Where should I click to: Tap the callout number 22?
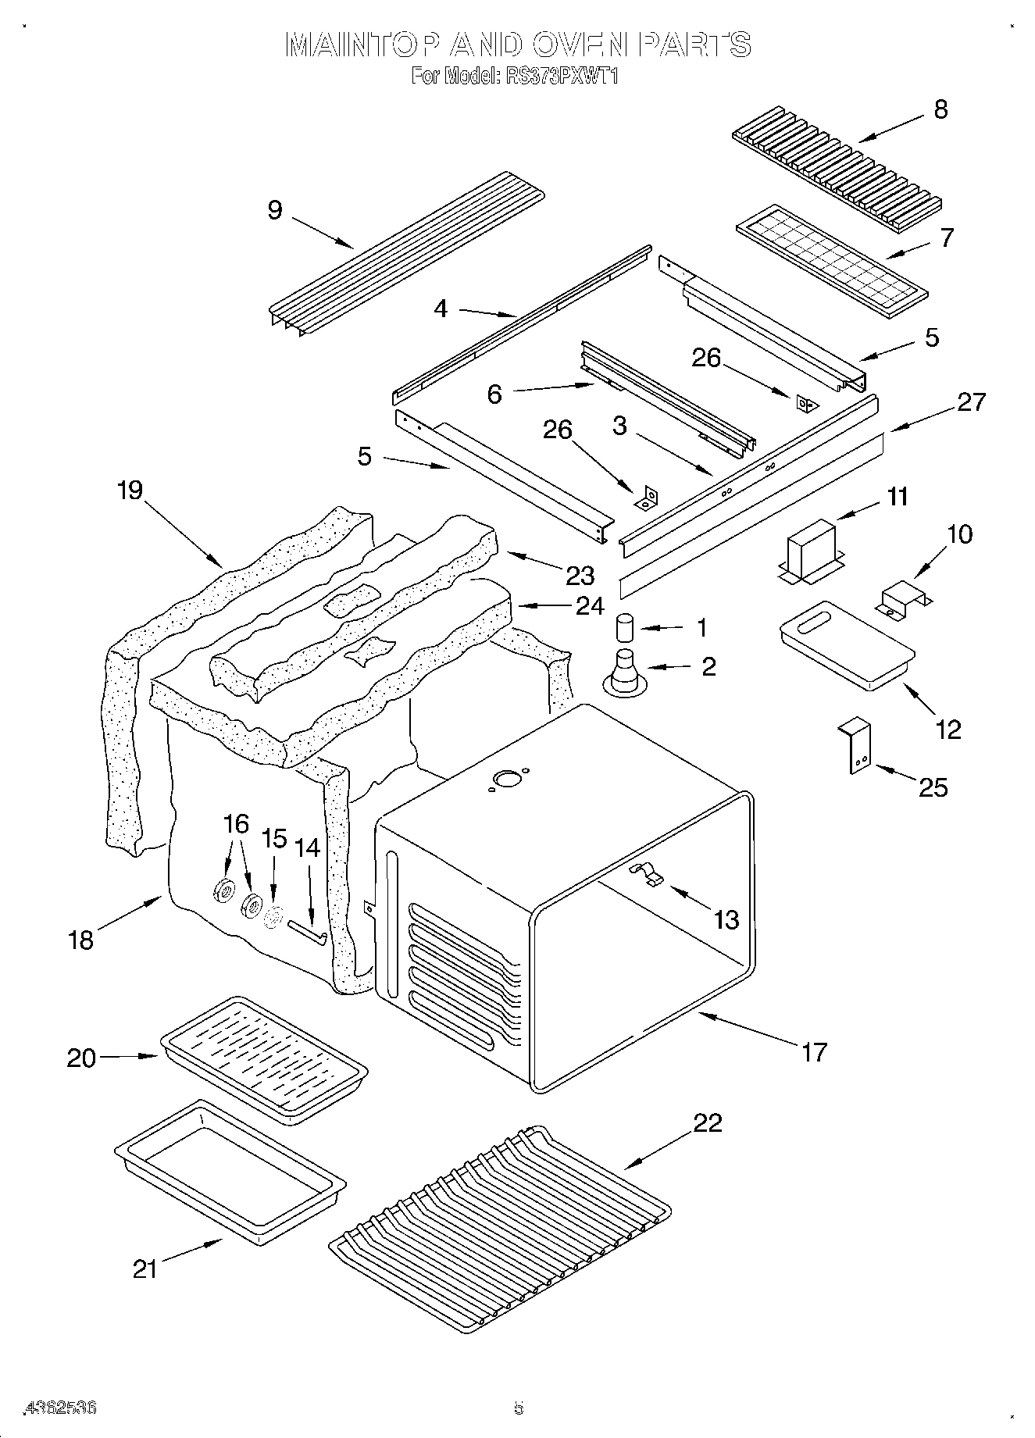pyautogui.click(x=708, y=1122)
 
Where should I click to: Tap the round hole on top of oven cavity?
pyautogui.click(x=507, y=778)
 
